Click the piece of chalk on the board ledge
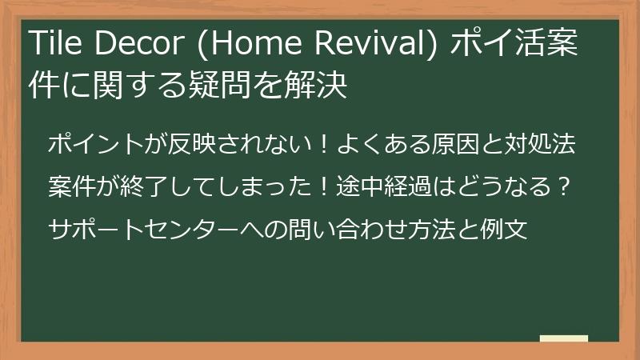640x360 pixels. [x=563, y=339]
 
